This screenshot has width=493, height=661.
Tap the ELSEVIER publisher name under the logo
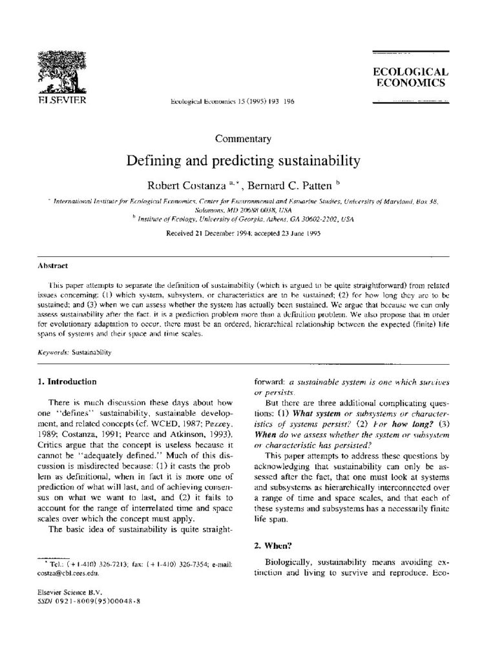pos(57,101)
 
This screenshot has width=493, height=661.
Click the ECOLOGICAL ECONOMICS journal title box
pos(410,77)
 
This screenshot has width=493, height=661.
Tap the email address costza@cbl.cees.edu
pos(66,572)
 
